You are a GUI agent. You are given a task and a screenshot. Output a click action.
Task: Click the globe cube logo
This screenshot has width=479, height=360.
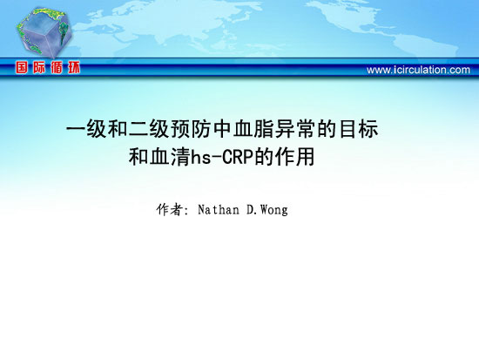point(44,32)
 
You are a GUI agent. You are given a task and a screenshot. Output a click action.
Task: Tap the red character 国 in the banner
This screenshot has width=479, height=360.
point(22,67)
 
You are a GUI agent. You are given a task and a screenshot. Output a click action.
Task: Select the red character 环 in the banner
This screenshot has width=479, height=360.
point(74,67)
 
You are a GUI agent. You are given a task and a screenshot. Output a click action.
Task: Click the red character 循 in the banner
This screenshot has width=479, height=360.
point(57,67)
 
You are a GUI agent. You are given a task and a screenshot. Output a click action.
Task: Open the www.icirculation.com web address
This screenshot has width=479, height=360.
point(418,70)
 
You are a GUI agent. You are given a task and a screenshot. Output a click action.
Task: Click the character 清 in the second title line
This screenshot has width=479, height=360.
point(180,157)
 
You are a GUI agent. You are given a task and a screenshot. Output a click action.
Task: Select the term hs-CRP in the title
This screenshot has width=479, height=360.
point(222,157)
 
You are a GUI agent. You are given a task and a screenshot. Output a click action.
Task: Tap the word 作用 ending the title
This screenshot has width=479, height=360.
point(294,157)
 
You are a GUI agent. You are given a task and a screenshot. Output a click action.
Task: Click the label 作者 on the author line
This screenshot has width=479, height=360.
point(170,210)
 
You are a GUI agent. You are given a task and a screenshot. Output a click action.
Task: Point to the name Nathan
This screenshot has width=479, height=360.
point(219,210)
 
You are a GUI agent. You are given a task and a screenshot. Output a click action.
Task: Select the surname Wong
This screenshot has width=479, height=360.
point(274,210)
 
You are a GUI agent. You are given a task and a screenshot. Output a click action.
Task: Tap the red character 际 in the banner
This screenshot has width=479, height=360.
point(39,67)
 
